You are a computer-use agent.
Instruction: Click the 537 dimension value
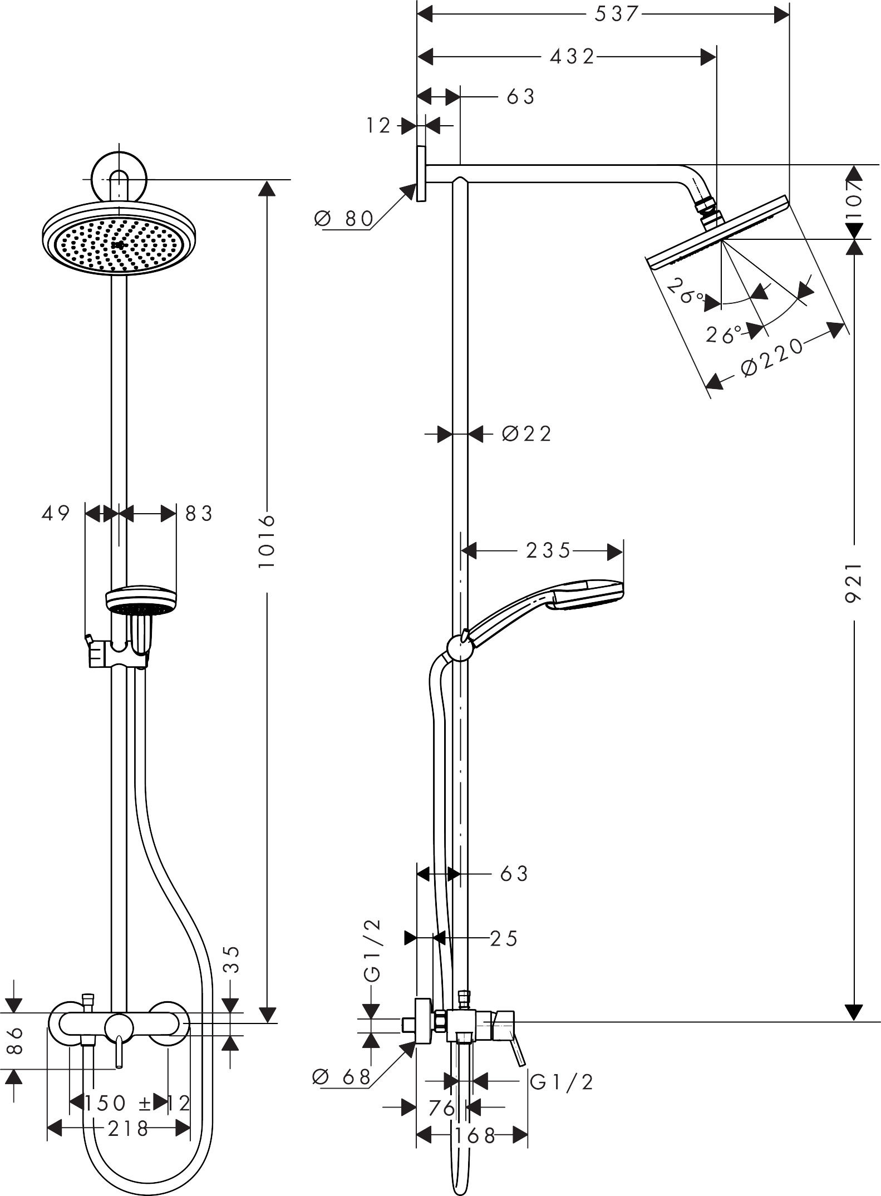615,14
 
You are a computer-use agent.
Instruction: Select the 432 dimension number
572,56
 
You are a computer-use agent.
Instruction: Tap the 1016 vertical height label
268,540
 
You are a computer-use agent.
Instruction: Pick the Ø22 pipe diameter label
526,434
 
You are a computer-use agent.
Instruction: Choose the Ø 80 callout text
343,219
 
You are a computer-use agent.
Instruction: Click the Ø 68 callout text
341,1077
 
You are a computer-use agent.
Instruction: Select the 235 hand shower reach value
549,550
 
